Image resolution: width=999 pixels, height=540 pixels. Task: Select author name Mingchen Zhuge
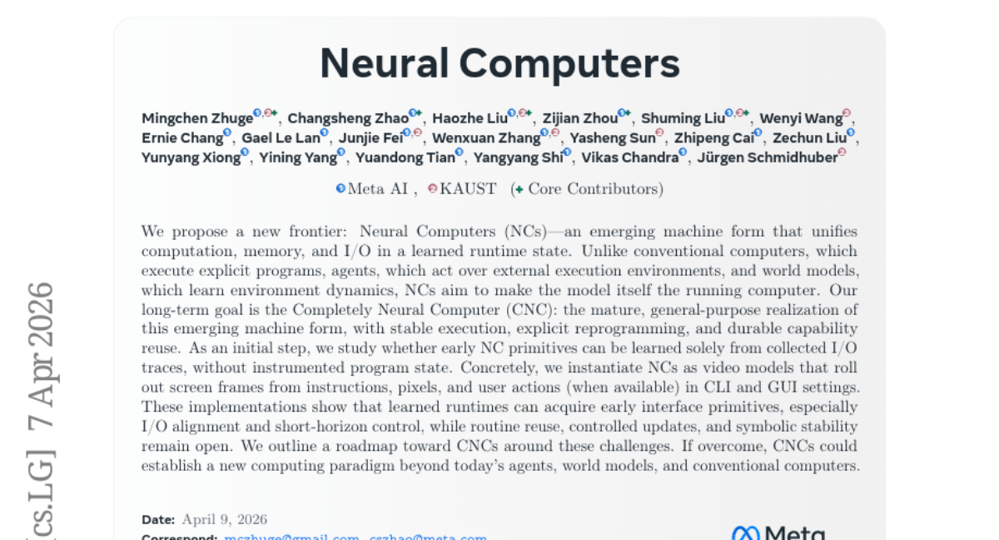tap(196, 118)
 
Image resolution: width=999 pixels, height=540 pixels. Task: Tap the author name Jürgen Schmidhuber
tap(766, 157)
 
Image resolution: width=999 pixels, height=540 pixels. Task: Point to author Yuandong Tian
tap(405, 157)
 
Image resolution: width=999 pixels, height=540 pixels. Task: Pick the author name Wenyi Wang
tap(800, 118)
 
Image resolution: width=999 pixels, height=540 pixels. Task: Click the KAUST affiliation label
tap(468, 189)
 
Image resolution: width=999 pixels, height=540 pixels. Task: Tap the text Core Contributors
tap(594, 189)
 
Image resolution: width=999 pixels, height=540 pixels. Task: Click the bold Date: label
tap(158, 519)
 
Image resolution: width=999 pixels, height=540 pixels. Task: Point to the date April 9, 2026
tap(225, 519)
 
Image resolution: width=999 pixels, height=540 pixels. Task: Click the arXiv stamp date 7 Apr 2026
tap(42, 367)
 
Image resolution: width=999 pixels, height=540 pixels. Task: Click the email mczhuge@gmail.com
tap(291, 537)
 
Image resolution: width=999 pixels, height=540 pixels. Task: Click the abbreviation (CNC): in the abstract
tap(533, 310)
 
